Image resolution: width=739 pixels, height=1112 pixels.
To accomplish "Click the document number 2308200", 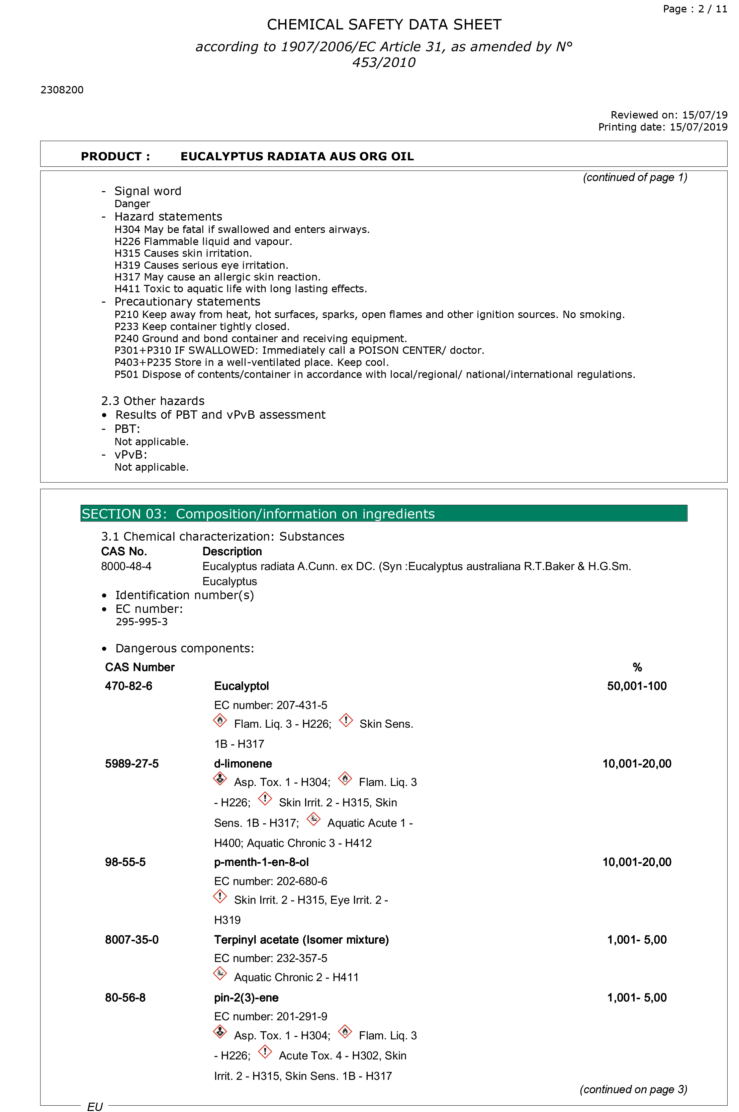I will [x=62, y=90].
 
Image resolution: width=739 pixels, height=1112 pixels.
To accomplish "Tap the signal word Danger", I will [x=132, y=204].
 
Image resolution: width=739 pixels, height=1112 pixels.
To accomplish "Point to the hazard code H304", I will [x=127, y=230].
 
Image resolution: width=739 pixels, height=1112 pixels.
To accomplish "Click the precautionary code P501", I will [x=126, y=375].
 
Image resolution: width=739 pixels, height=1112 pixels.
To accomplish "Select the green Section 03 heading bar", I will [x=384, y=513].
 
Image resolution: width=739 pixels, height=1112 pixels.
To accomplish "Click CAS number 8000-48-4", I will [x=126, y=566].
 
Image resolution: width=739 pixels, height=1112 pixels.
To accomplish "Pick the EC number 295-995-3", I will [x=142, y=622].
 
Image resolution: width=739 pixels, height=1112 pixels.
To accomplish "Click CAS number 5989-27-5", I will [x=131, y=764].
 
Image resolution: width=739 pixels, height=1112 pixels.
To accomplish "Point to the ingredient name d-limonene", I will [x=243, y=764].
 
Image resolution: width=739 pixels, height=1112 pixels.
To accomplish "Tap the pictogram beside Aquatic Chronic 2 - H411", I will [x=220, y=973].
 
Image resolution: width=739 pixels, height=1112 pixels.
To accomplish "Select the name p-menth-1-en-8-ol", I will [x=261, y=862].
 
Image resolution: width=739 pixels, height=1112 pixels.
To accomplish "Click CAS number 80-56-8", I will [x=125, y=998].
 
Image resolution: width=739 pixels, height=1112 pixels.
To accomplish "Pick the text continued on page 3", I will [x=633, y=1089].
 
